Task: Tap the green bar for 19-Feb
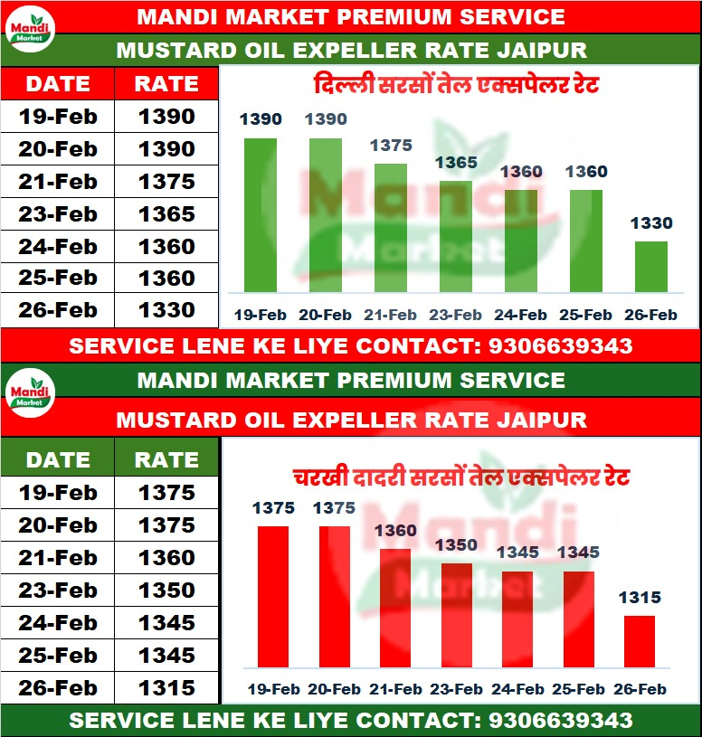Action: (261, 215)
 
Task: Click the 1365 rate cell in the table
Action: (166, 214)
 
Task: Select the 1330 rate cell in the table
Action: (166, 310)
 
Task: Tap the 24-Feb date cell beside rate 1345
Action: (57, 623)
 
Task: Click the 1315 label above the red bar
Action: (640, 598)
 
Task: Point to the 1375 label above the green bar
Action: (391, 146)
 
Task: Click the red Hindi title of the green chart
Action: (456, 88)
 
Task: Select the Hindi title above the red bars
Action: (460, 477)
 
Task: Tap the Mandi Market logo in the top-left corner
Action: (31, 32)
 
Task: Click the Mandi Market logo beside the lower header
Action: (31, 395)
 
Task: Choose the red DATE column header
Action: (57, 84)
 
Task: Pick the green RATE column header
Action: (166, 459)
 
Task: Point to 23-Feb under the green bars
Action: (455, 315)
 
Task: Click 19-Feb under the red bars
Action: (273, 689)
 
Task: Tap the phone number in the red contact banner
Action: (560, 345)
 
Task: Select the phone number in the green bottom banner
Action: (560, 721)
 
